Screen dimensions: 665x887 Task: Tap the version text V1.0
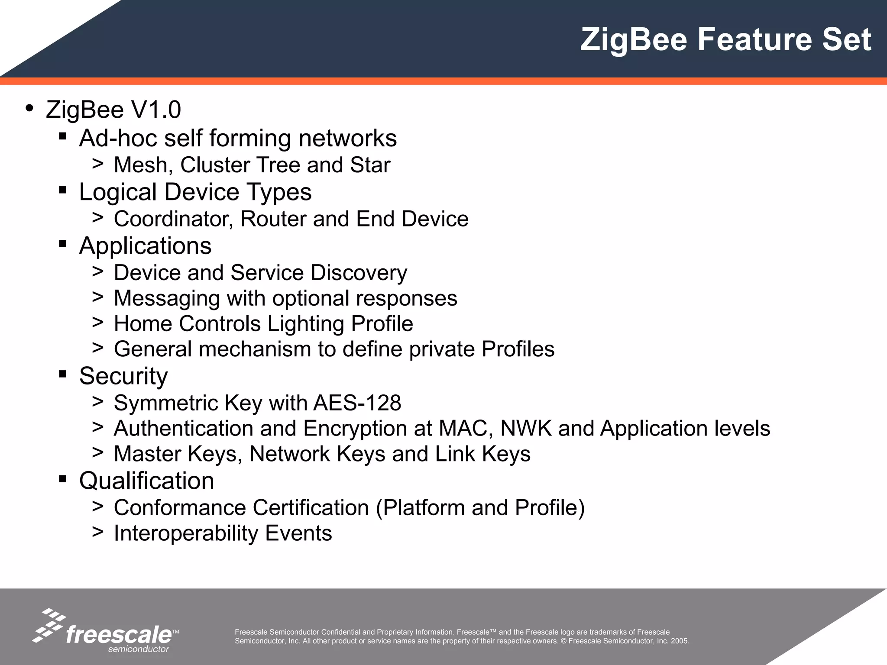156,110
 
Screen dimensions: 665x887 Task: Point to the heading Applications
145,246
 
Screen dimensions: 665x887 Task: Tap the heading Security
123,376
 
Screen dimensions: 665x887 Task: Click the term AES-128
357,403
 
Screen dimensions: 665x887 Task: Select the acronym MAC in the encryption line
466,428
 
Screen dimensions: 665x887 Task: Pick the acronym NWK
526,428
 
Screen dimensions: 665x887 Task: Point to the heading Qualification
146,481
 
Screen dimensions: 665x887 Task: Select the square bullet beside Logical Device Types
63,190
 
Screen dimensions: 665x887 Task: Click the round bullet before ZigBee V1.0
29,108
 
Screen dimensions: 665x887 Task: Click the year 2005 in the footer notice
680,641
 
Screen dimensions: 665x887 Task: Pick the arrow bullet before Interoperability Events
97,532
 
